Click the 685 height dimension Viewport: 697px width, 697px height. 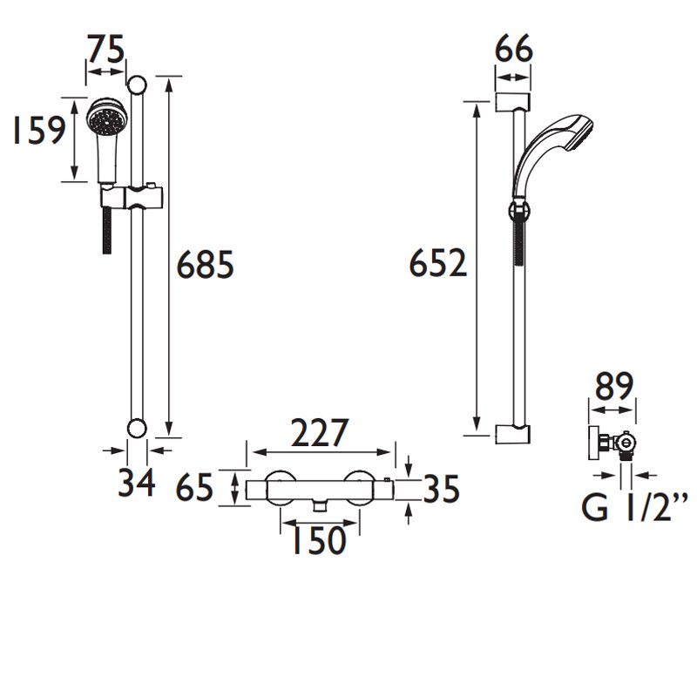(205, 265)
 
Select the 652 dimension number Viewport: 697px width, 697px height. (438, 263)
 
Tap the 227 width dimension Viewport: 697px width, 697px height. (320, 432)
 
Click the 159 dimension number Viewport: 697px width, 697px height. (39, 130)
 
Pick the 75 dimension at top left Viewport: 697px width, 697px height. (105, 50)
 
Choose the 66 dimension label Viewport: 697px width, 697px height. (513, 49)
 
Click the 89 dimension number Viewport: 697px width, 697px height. (614, 386)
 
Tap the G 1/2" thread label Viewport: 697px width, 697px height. (634, 506)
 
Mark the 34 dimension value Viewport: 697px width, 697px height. (137, 482)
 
